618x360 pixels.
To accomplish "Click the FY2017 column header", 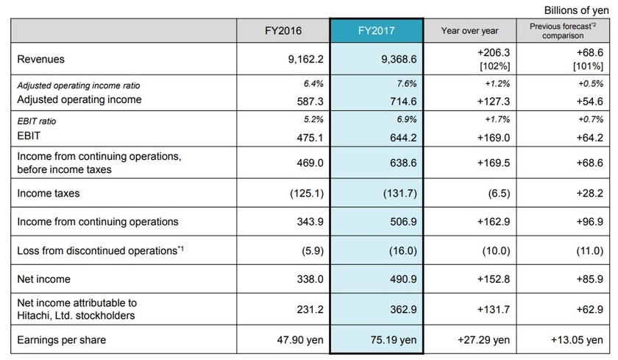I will coord(377,31).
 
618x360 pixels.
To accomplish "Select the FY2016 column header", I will coord(283,31).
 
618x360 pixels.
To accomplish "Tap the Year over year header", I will coord(469,31).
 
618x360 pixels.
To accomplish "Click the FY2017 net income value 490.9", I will coord(404,279).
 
